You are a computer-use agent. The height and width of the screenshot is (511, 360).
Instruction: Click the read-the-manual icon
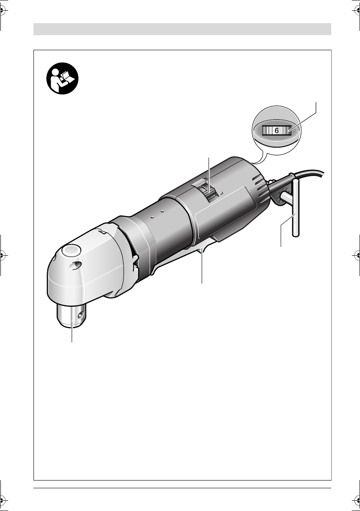point(62,79)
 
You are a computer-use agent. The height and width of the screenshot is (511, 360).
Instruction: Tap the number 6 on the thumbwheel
point(277,131)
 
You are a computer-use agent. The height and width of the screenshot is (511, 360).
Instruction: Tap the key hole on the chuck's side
point(81,315)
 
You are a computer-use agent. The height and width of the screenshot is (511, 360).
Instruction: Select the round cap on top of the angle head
point(71,251)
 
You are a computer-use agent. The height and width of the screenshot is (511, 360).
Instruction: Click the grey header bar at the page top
point(182,29)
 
